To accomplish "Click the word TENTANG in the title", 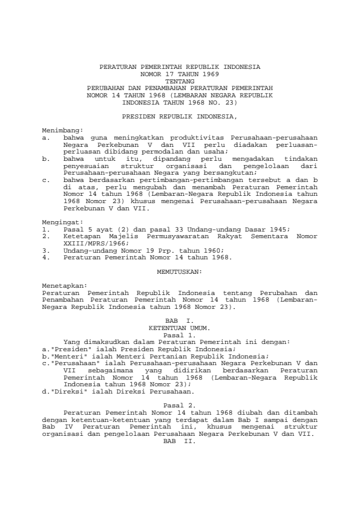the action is (180, 80).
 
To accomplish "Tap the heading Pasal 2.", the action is (180, 404).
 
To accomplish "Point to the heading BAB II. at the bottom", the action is (180, 440).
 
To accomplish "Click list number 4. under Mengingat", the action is (45, 258).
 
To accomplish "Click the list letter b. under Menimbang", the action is (46, 157).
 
